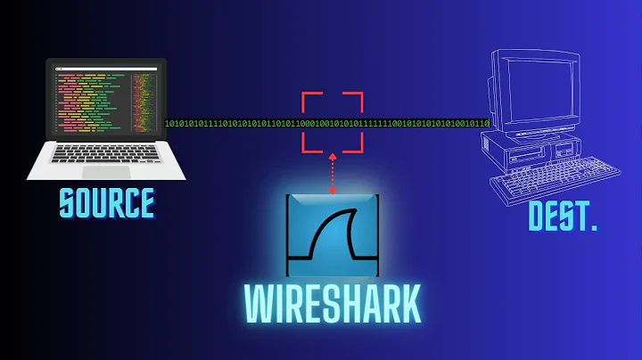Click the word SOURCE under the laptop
point(106,203)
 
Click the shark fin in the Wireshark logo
point(339,236)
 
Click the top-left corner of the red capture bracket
point(304,94)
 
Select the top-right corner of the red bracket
point(359,94)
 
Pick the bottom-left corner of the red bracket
point(304,149)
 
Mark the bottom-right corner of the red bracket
point(359,149)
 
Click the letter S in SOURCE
point(69,203)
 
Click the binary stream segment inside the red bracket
point(332,122)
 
